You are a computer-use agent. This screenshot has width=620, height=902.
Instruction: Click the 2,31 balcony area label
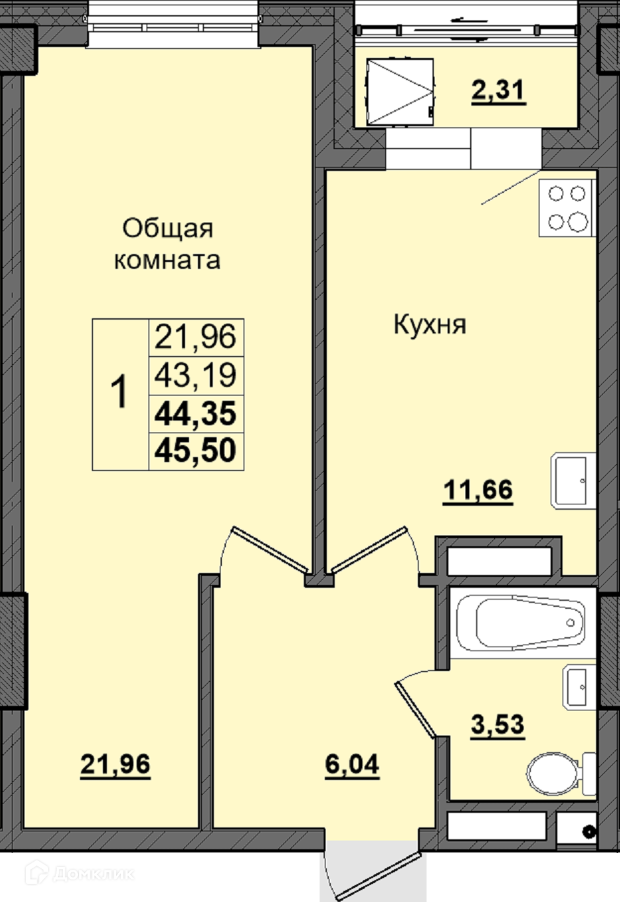click(x=499, y=91)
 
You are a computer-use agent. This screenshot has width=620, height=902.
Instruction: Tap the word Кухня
click(x=430, y=325)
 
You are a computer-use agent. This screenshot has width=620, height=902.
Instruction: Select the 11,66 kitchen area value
click(x=478, y=491)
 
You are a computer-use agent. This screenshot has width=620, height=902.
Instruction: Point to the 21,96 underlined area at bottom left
click(x=115, y=765)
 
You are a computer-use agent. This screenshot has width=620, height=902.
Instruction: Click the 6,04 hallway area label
click(x=352, y=765)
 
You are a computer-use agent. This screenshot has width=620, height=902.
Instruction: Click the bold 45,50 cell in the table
click(x=195, y=450)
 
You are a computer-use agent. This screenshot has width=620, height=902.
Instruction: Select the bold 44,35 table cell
click(x=195, y=413)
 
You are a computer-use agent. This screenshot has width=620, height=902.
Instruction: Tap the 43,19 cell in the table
click(x=195, y=376)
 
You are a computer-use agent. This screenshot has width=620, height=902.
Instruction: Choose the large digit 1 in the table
click(x=120, y=392)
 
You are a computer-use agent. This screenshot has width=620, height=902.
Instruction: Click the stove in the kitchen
click(x=567, y=208)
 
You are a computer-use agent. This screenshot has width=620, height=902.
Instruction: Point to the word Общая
click(x=168, y=228)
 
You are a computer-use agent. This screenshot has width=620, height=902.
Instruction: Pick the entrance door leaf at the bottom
click(x=378, y=875)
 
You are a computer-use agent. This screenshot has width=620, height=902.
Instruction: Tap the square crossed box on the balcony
click(x=399, y=92)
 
